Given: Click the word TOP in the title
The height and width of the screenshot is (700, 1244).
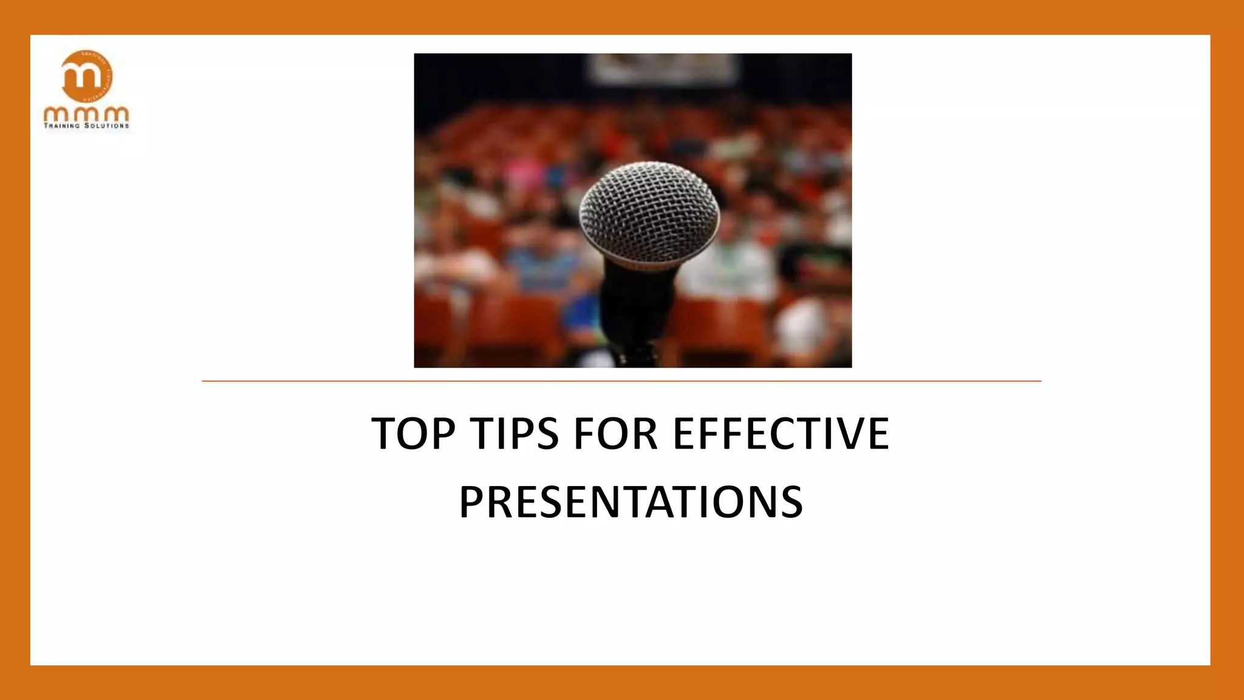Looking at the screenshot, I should click(x=413, y=434).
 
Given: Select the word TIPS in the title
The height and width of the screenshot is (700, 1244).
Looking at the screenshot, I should click(x=515, y=434).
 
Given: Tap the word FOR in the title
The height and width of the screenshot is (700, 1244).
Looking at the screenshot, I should click(x=615, y=434).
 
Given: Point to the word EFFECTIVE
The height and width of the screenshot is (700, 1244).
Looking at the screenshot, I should click(x=781, y=434).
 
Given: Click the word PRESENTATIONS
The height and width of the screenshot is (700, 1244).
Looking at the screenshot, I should click(x=631, y=502).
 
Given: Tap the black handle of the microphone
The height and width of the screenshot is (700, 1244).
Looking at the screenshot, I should click(x=638, y=304).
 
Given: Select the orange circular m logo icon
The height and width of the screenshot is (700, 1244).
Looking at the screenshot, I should click(x=87, y=76).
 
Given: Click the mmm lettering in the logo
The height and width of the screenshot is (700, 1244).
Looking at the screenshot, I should click(x=86, y=114).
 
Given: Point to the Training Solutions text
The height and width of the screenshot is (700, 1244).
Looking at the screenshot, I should click(x=86, y=126).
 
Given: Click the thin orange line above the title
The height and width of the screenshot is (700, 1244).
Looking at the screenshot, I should click(x=621, y=381).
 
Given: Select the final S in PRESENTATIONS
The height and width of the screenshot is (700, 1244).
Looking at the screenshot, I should click(x=790, y=502).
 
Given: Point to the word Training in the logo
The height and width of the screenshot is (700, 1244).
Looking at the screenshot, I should click(x=62, y=126).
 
